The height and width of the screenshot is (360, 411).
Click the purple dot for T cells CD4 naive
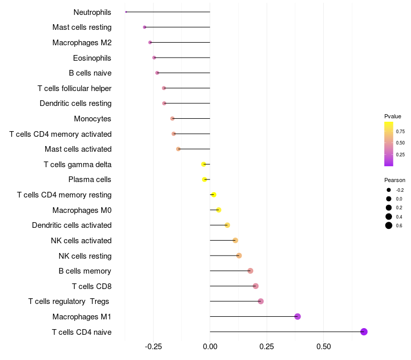pyautogui.click(x=364, y=332)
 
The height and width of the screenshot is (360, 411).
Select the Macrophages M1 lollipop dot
pyautogui.click(x=297, y=316)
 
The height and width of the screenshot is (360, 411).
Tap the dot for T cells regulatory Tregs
pyautogui.click(x=260, y=301)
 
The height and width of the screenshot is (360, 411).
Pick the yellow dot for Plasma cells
pyautogui.click(x=204, y=179)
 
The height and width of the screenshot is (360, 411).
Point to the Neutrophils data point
pyautogui.click(x=126, y=12)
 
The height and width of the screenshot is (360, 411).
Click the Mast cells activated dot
pyautogui.click(x=178, y=149)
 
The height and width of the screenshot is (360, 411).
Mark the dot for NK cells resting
pyautogui.click(x=239, y=256)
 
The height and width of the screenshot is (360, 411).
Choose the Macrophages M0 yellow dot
pyautogui.click(x=219, y=210)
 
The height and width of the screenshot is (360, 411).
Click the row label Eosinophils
pyautogui.click(x=92, y=58)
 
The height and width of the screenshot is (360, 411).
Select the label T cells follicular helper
pyautogui.click(x=74, y=88)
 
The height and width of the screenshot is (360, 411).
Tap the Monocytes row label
pyautogui.click(x=92, y=119)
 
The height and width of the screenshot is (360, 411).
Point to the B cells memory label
pyautogui.click(x=85, y=271)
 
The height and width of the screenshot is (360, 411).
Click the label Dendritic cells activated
pyautogui.click(x=71, y=225)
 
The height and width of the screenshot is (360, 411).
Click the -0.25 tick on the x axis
pyautogui.click(x=153, y=347)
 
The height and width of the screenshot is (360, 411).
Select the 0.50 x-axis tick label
pyautogui.click(x=324, y=347)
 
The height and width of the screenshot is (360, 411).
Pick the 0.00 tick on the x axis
pyautogui.click(x=210, y=347)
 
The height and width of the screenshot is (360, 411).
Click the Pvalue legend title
pyautogui.click(x=393, y=116)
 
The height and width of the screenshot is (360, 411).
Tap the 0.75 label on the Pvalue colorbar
pyautogui.click(x=400, y=131)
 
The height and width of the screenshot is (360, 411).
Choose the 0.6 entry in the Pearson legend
pyautogui.click(x=399, y=225)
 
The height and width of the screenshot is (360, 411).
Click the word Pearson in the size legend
pyautogui.click(x=395, y=180)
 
